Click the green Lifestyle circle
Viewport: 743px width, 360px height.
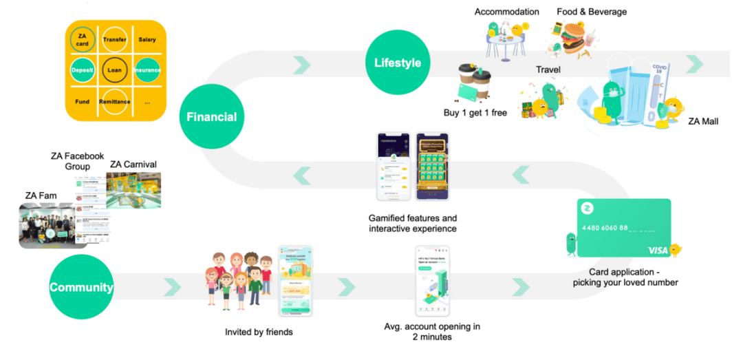(398, 63)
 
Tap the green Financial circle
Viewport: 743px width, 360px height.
(211, 117)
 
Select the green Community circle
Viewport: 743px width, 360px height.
(81, 287)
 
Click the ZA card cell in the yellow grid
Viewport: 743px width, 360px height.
(82, 40)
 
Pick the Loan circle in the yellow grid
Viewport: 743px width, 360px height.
(114, 70)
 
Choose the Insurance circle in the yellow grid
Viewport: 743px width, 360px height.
(147, 70)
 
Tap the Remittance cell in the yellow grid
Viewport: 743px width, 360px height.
(114, 101)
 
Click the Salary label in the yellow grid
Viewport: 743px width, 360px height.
(147, 40)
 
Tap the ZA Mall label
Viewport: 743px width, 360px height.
(704, 121)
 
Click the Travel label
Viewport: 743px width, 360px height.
(548, 70)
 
